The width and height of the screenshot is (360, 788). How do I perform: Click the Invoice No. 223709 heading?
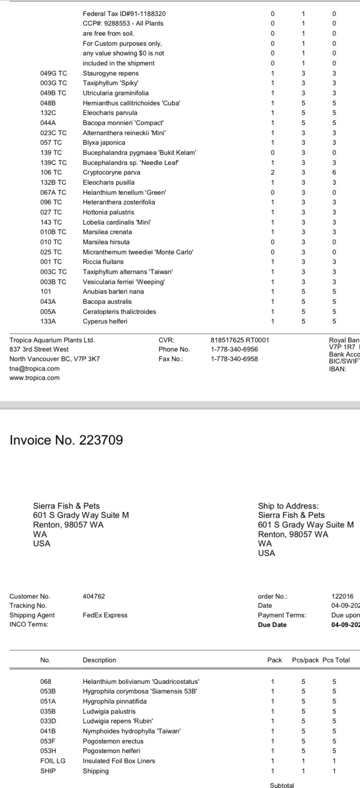tap(66, 440)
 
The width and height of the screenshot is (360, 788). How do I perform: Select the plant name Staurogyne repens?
tap(111, 73)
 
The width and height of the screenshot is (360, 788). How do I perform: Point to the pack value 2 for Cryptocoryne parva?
tap(272, 172)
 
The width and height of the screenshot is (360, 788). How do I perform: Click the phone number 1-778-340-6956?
tap(234, 349)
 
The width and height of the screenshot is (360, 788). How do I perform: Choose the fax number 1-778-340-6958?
tap(234, 359)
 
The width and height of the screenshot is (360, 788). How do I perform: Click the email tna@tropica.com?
tap(34, 369)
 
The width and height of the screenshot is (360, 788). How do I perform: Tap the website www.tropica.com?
tap(34, 378)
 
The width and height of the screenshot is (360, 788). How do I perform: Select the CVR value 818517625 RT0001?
tap(239, 340)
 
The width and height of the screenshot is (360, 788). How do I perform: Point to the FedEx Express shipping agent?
tap(105, 615)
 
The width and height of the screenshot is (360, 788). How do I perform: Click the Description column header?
tap(99, 660)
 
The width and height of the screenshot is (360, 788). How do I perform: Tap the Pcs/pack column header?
tap(305, 660)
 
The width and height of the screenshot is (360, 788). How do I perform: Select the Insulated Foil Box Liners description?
tap(119, 761)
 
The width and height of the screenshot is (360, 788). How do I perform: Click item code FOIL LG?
tap(53, 761)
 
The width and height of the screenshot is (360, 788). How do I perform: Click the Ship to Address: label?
tap(288, 506)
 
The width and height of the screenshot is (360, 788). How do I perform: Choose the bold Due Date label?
tap(272, 625)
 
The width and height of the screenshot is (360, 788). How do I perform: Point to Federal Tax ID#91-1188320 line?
tap(124, 14)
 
